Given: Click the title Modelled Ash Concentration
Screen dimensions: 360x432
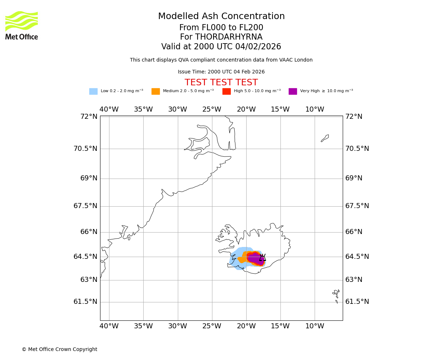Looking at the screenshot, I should coord(221,17).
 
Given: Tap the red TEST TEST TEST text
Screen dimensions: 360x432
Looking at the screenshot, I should coord(221,83).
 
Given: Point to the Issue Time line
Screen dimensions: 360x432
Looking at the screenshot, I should coord(221,72).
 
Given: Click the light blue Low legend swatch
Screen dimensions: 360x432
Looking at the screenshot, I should coord(93,91).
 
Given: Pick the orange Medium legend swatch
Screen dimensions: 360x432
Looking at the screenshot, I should coord(156,91).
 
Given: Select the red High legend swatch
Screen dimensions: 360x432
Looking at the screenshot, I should coord(226,91).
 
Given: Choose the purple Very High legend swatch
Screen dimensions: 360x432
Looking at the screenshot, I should coord(293,91).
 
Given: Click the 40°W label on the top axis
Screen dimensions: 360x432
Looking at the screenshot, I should coord(109,109).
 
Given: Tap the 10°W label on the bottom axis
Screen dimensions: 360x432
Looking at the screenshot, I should coord(315,326).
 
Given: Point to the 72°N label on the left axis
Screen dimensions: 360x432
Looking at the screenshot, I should coord(89,117).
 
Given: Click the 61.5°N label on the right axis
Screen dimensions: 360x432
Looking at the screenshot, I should coord(357,302).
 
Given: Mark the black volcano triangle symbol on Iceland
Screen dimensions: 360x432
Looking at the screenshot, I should coord(262,257).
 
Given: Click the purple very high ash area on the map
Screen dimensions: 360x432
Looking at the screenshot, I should coord(255,258).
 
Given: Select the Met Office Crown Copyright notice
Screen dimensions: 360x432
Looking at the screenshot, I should coord(59,350).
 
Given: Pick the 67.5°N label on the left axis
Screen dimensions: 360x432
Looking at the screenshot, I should coord(85,206).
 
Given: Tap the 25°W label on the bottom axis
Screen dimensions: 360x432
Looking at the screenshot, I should coord(212,326).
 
